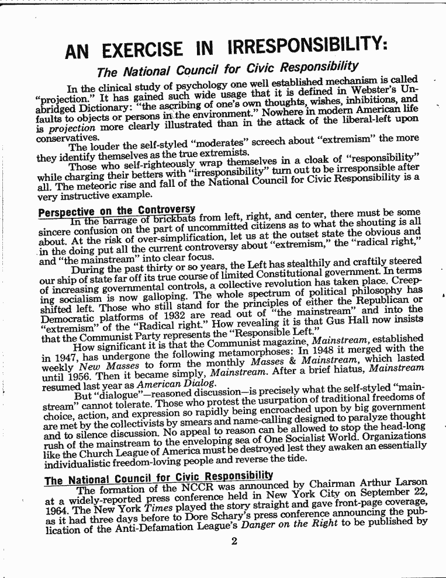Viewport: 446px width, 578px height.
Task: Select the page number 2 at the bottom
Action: (x=234, y=541)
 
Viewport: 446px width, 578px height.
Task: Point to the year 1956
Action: (x=73, y=380)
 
